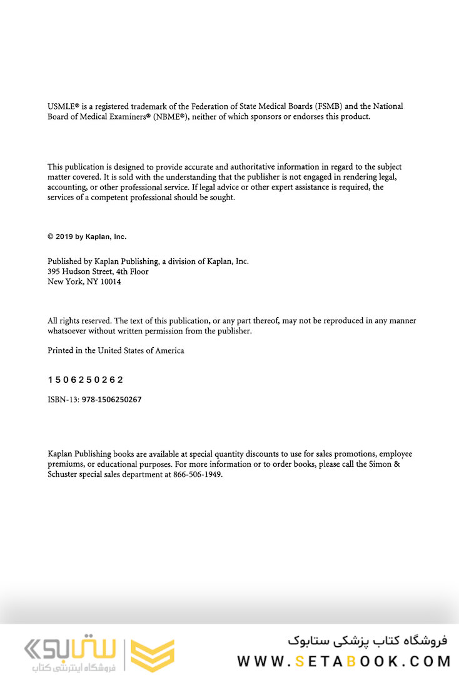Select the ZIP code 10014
[111, 282]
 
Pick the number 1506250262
[86, 380]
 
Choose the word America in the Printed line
[169, 351]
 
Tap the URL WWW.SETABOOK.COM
[344, 661]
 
